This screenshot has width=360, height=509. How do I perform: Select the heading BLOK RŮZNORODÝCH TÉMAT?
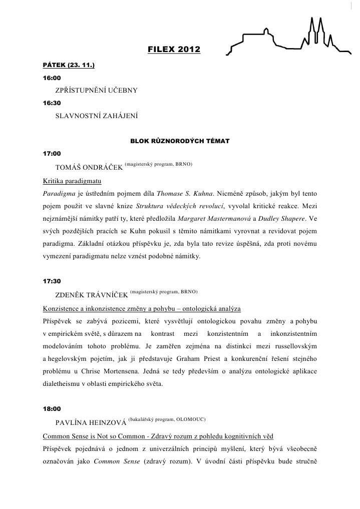(180, 141)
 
